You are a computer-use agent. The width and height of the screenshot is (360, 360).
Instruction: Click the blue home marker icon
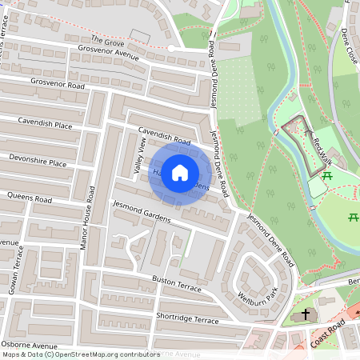click(x=180, y=172)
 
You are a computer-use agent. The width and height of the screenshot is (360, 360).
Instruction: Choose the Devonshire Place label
click(x=38, y=162)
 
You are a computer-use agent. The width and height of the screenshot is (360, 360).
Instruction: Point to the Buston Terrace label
click(x=177, y=283)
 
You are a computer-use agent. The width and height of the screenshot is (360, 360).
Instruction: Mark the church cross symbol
click(x=306, y=315)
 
